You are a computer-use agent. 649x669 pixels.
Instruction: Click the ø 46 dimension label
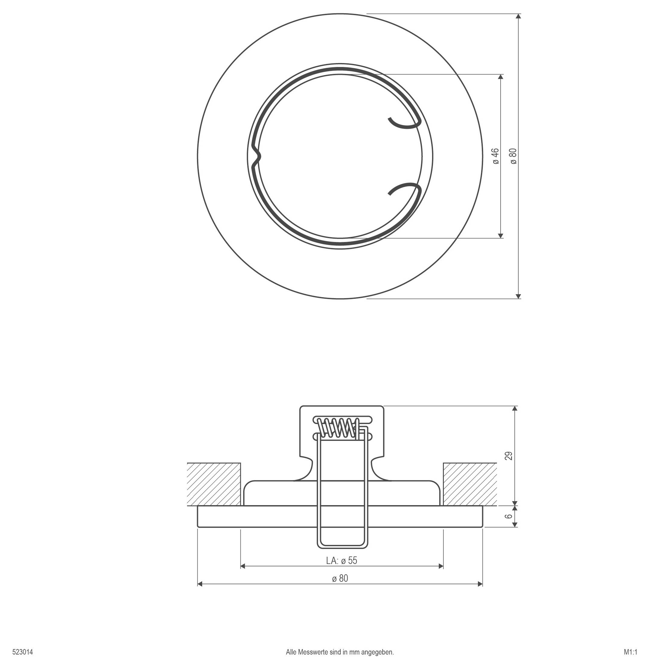[x=496, y=156]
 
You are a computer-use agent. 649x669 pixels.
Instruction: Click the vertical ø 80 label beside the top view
[x=514, y=156]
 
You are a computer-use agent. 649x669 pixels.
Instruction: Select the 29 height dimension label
[x=509, y=456]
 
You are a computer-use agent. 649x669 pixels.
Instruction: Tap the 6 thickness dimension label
[x=509, y=516]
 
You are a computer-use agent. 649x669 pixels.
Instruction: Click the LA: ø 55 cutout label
[x=342, y=560]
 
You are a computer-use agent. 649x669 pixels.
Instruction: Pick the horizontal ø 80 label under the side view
[x=340, y=578]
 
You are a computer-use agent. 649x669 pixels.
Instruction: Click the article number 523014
[x=23, y=652]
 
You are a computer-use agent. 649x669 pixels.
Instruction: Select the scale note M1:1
[x=631, y=652]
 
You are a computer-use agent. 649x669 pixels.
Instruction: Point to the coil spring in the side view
[x=338, y=428]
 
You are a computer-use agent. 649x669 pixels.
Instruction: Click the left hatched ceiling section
[x=214, y=484]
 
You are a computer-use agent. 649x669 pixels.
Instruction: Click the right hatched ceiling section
[x=470, y=484]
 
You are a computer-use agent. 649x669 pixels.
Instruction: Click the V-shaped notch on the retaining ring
[x=256, y=157]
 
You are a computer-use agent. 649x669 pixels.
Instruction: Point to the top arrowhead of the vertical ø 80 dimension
[x=518, y=16]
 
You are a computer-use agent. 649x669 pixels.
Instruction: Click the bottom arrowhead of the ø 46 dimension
[x=501, y=235]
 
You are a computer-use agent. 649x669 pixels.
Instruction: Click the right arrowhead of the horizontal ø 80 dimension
[x=480, y=584]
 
